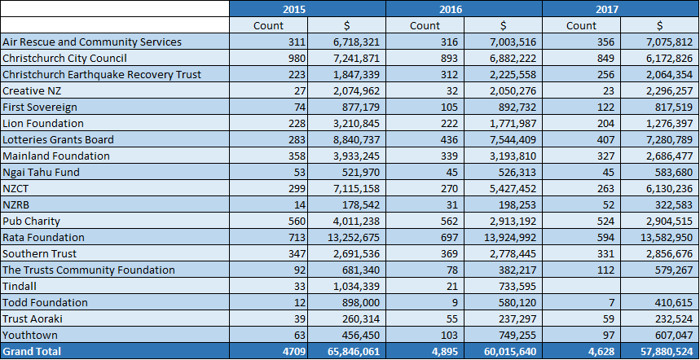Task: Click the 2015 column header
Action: click(294, 9)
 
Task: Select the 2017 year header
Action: click(607, 9)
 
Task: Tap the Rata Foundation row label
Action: click(43, 237)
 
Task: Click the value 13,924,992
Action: click(510, 237)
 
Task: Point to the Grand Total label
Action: click(32, 351)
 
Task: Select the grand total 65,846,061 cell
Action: click(354, 352)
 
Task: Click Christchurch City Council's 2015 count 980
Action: click(297, 59)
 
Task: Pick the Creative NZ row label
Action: click(32, 91)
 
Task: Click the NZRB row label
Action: click(15, 204)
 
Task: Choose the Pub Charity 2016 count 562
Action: click(449, 222)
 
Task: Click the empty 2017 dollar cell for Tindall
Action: click(659, 286)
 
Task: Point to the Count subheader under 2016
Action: click(425, 25)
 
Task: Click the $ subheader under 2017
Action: click(659, 25)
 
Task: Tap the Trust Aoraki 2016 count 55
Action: click(451, 319)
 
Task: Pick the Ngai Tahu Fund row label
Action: click(41, 172)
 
